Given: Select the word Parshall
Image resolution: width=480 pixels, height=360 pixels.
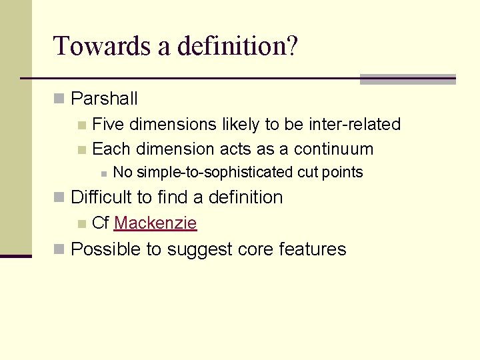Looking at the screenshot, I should [104, 99].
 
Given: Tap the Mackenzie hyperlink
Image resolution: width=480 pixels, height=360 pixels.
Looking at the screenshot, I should [155, 223].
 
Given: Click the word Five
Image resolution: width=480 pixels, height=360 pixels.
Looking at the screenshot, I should [108, 124].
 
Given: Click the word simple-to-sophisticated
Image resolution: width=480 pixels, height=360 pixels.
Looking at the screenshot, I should [203, 173].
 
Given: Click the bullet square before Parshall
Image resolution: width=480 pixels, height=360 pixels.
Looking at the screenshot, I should [59, 99].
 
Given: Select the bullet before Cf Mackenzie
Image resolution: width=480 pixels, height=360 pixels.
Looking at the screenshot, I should [81, 223].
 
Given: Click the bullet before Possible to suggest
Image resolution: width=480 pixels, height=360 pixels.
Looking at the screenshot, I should [59, 250].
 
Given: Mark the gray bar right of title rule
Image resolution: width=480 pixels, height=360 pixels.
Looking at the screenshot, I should [407, 79].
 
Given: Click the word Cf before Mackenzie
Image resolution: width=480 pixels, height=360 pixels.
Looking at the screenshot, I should [101, 223].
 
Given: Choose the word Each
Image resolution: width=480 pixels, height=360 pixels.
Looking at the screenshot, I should [110, 149].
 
